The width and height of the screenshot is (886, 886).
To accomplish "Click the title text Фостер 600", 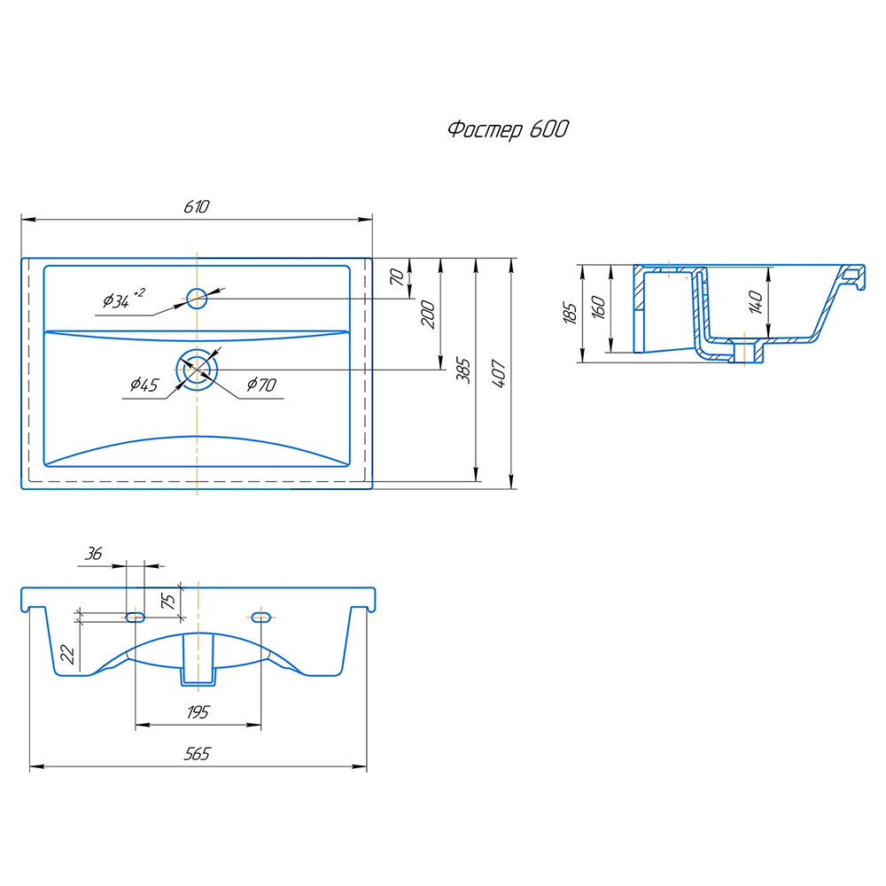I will tap(507, 130).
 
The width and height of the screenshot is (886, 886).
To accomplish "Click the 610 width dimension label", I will tap(196, 206).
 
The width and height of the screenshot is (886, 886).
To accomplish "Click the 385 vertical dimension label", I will tap(462, 372).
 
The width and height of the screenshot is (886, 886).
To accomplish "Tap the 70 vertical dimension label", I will tap(398, 276).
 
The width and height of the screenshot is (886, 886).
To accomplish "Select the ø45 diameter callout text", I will tap(144, 385).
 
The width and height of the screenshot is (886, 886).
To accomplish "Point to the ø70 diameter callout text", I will tap(261, 385).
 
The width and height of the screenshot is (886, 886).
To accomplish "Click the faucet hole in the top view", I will tap(197, 297).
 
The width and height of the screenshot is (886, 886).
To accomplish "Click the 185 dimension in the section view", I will tap(570, 312).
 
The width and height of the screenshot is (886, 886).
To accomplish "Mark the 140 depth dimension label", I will tap(755, 302).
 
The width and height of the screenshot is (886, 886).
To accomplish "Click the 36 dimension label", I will tap(92, 554).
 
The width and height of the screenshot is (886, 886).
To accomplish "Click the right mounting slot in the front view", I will tap(260, 616).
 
